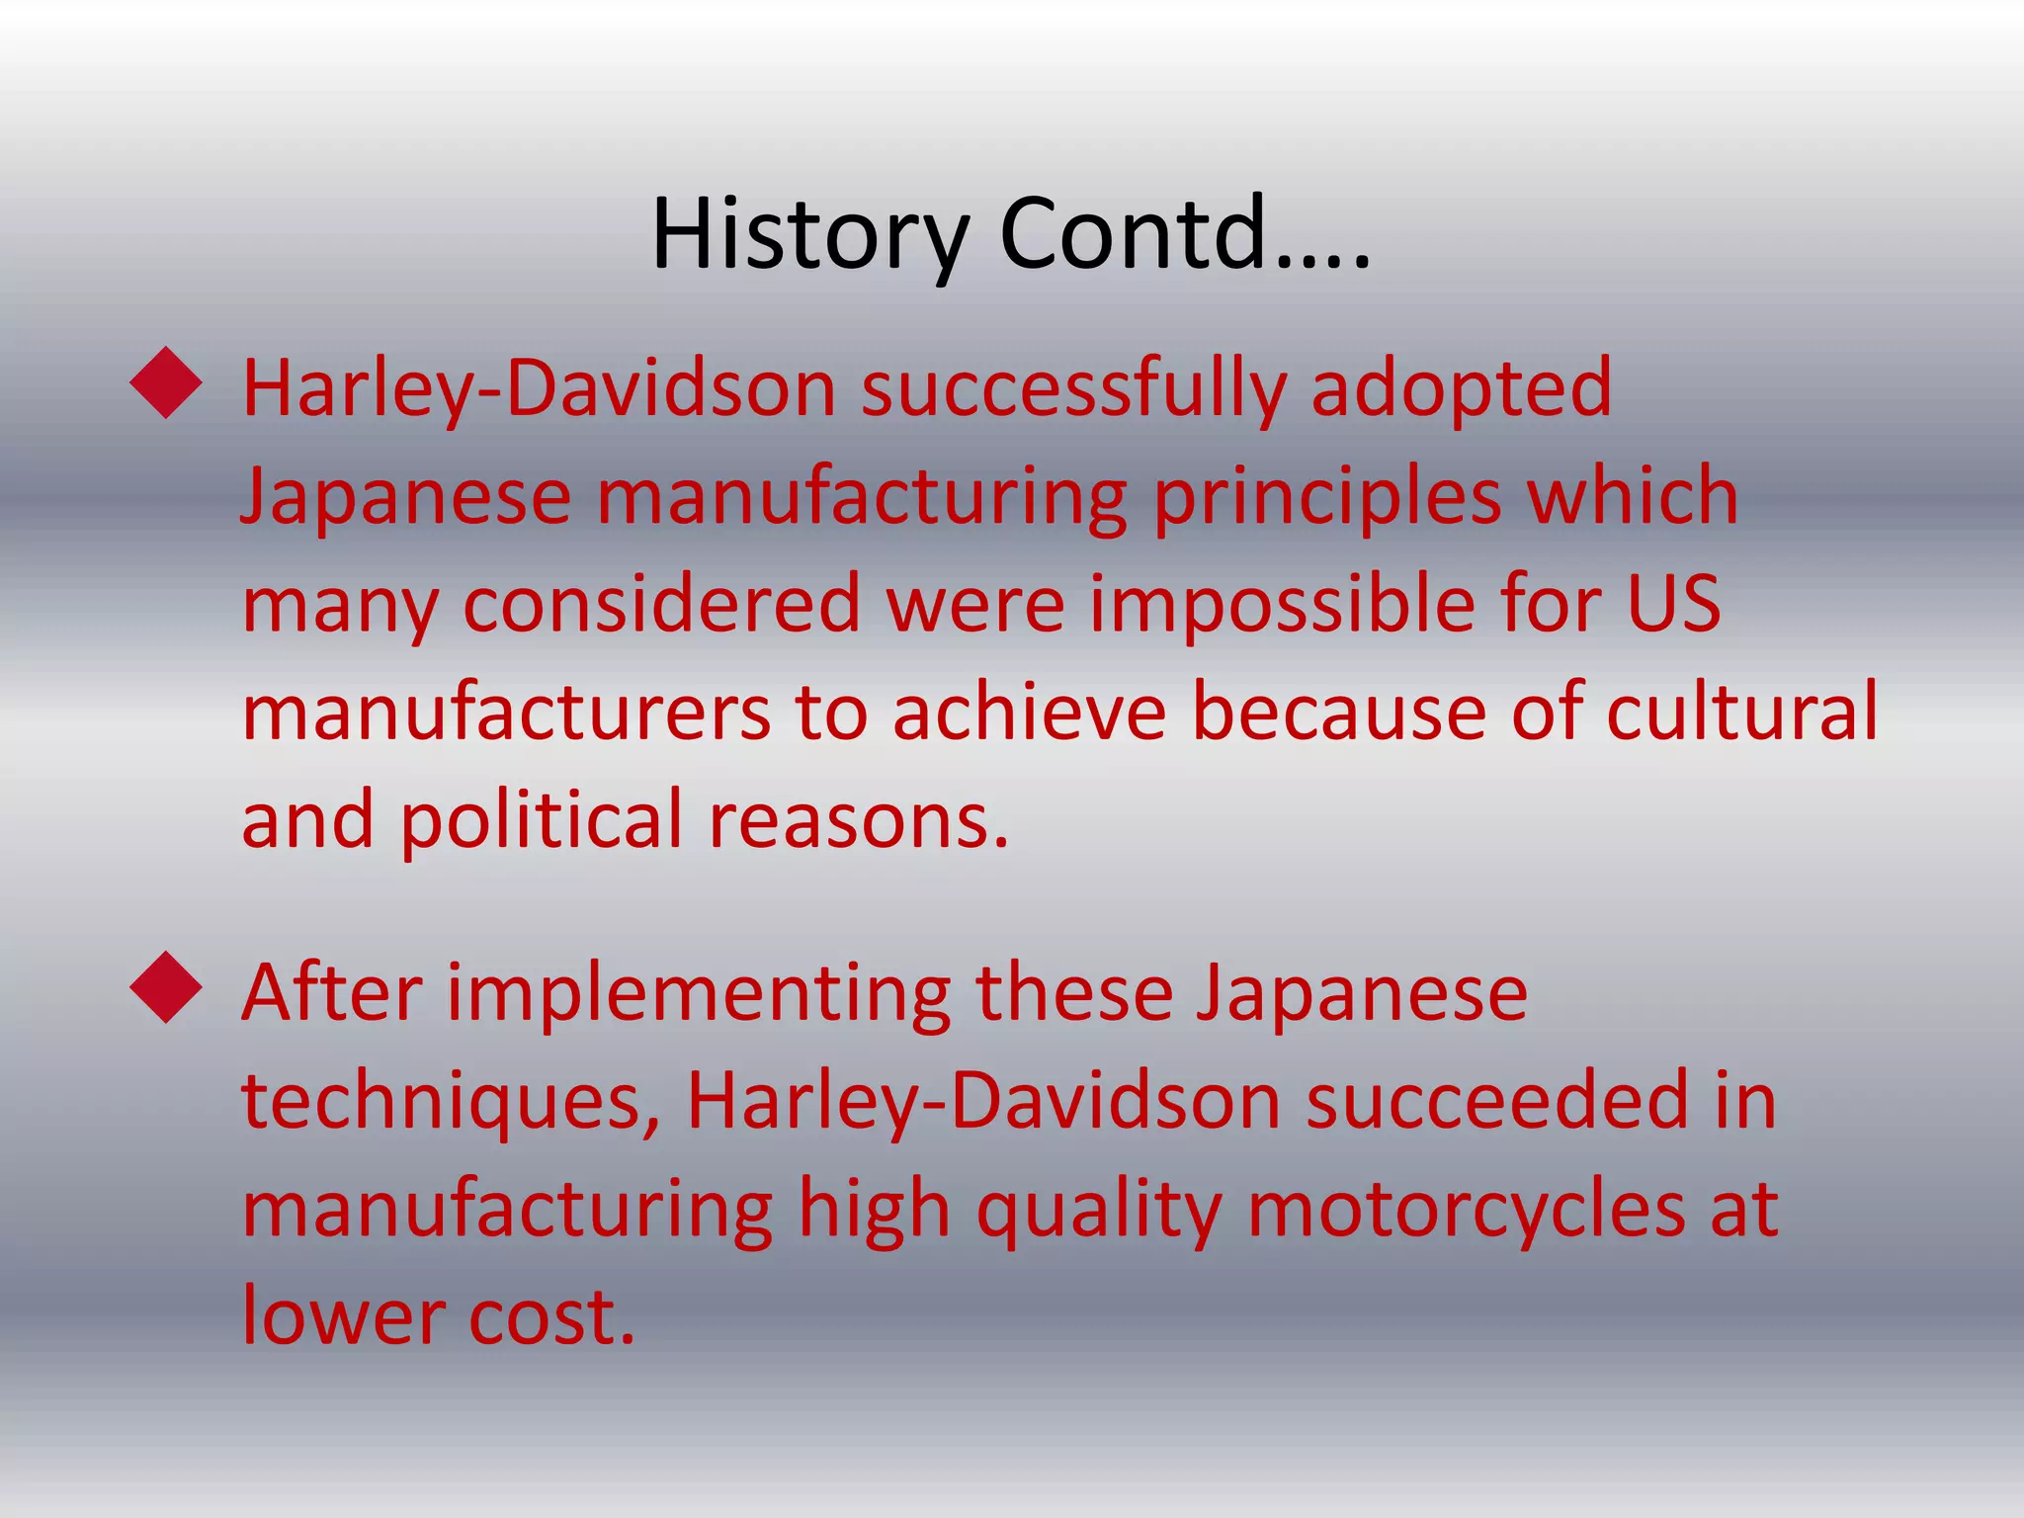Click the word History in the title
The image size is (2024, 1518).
point(809,234)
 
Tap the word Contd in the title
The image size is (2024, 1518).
point(1134,234)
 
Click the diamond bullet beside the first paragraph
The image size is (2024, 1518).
point(166,382)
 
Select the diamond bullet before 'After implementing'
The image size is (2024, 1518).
point(166,987)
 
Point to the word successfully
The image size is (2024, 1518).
point(1073,388)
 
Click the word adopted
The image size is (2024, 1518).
point(1462,388)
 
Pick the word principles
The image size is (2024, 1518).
point(1326,497)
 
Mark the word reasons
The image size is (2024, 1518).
point(859,820)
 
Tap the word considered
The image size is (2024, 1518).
point(662,604)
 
